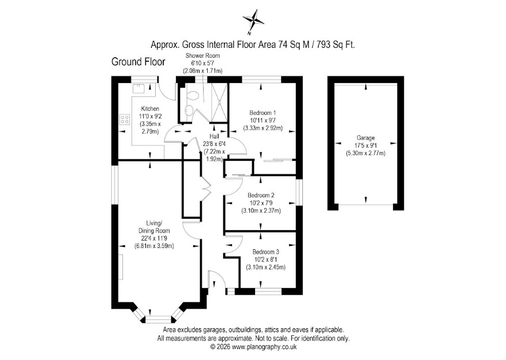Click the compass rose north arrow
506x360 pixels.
tap(254, 21)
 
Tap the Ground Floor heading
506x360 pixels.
tap(138, 62)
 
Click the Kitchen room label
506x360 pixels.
tap(150, 108)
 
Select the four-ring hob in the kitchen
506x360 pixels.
tap(125, 119)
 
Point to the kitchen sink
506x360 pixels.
tap(139, 88)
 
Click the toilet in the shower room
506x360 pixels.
tap(193, 96)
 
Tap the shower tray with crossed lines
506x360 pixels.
tap(219, 103)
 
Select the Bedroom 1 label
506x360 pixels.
tap(263, 113)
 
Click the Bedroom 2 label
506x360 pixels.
tap(261, 195)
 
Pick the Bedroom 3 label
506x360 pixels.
tap(265, 252)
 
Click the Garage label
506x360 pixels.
tap(366, 138)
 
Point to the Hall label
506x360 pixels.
tap(214, 137)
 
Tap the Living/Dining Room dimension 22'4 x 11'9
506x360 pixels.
tap(154, 238)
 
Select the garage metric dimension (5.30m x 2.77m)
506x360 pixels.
tap(366, 153)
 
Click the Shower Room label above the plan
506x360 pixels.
tap(203, 55)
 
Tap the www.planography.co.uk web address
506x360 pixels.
tap(264, 347)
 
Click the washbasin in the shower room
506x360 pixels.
tap(189, 109)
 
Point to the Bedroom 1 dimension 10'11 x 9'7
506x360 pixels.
tap(263, 121)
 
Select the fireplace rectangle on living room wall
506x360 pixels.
tap(121, 267)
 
